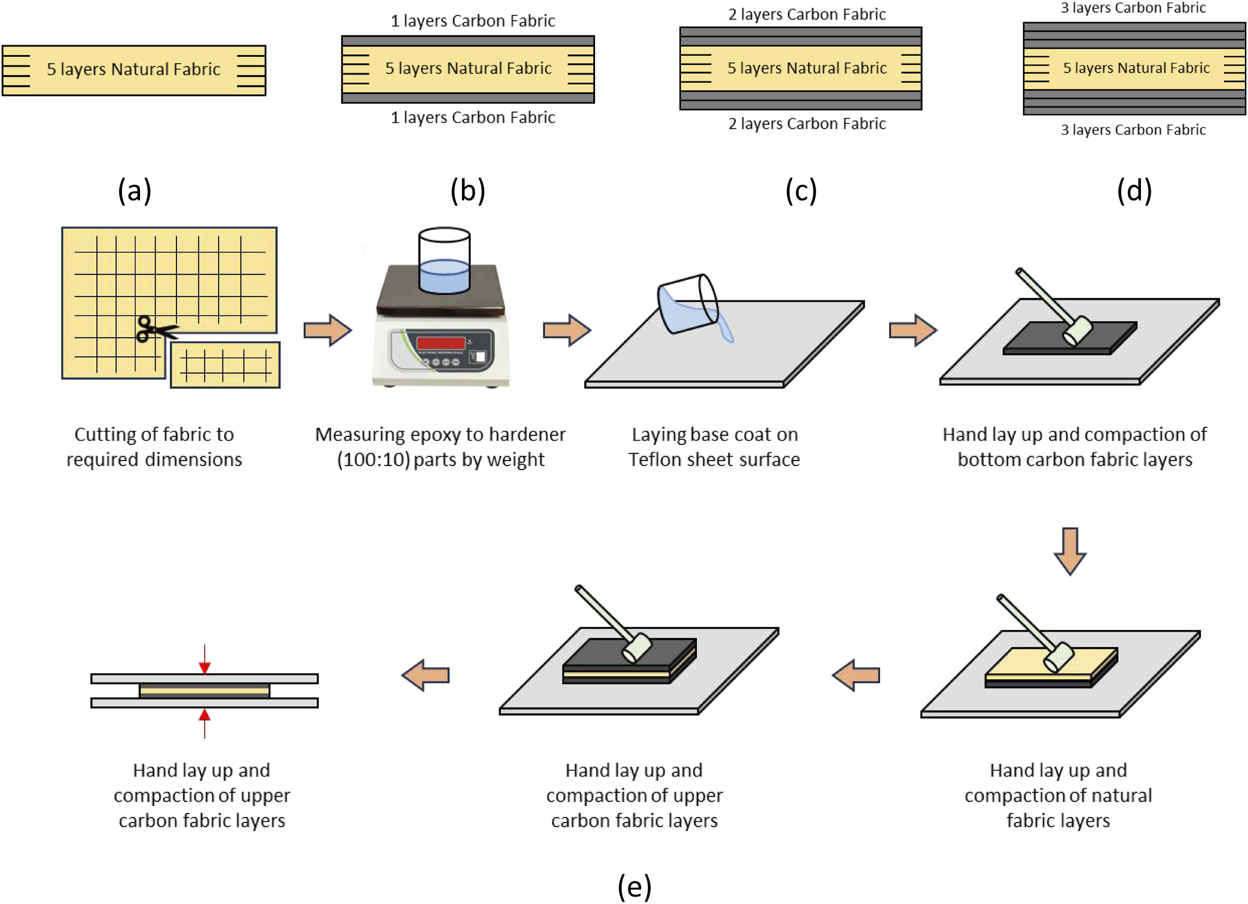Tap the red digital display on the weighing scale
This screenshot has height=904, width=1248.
(x=441, y=343)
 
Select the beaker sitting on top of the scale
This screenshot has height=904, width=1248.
(x=444, y=260)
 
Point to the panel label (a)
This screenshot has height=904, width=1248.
(x=135, y=191)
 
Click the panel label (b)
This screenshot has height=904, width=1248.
(x=468, y=191)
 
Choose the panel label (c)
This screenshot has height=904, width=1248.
(x=801, y=191)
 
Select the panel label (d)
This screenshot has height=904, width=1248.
(x=1135, y=191)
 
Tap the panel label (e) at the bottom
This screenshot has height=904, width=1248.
(x=635, y=886)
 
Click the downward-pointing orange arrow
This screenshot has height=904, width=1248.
(x=1070, y=551)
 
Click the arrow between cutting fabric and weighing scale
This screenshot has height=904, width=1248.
(x=328, y=330)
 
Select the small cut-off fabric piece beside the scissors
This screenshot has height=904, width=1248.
(x=225, y=365)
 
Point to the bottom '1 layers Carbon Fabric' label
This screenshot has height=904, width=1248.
(x=473, y=117)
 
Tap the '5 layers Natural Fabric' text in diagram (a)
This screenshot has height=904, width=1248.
(x=134, y=69)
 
